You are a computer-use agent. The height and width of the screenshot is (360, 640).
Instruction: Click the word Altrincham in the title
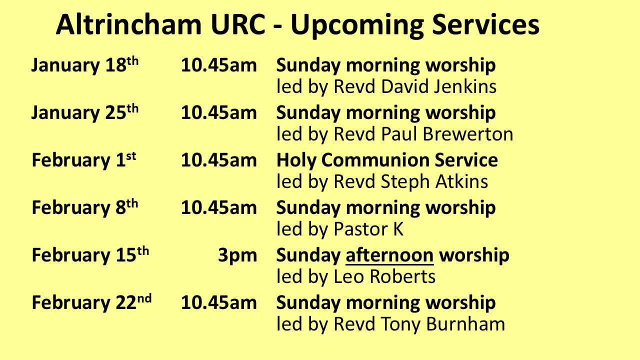(129, 24)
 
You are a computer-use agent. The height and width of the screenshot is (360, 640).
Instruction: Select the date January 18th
(85, 65)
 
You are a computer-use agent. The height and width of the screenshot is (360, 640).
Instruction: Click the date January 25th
(85, 113)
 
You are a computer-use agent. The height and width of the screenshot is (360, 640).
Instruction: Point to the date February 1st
(84, 160)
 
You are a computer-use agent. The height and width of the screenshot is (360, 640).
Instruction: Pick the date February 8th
(85, 207)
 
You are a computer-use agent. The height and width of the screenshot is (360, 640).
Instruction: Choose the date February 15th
(90, 255)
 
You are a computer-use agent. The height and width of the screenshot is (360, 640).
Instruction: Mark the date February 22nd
(91, 302)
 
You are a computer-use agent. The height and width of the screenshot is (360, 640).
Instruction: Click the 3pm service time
(237, 255)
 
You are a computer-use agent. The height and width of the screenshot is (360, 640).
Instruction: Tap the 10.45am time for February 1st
(219, 160)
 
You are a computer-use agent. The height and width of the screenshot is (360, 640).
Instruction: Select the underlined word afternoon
(389, 255)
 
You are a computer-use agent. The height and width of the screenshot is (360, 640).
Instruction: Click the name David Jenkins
(438, 86)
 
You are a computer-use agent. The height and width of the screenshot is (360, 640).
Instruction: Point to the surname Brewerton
(467, 134)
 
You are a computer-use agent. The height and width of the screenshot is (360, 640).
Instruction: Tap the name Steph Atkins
(434, 181)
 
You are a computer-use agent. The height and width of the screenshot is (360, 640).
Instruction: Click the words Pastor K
(368, 229)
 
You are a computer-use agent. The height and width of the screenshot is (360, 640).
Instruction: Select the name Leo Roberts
(384, 276)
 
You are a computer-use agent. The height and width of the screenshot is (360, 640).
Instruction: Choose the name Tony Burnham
(443, 324)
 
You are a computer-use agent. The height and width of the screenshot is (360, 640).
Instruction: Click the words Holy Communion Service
(387, 160)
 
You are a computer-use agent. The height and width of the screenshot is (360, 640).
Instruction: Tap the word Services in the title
(485, 24)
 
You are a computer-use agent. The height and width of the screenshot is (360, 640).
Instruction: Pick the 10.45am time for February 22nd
(219, 302)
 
